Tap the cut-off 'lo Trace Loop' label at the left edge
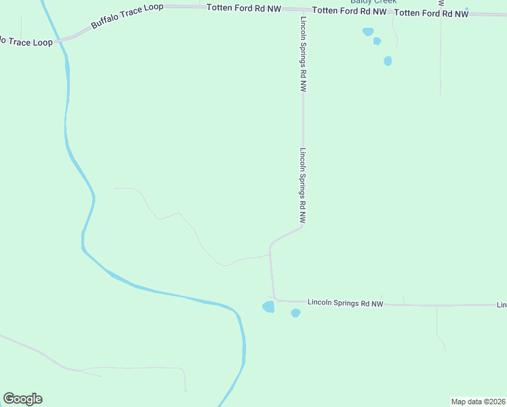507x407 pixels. [x=26, y=41]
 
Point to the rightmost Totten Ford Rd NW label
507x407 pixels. [x=431, y=14]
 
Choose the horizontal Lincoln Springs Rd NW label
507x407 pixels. [x=345, y=303]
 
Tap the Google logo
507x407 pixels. [x=22, y=399]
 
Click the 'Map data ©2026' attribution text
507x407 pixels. [x=478, y=402]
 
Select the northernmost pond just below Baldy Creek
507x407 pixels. [x=368, y=31]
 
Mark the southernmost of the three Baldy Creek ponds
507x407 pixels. [x=388, y=61]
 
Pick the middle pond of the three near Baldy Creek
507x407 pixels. [x=377, y=41]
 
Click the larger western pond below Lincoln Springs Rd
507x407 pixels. [x=268, y=307]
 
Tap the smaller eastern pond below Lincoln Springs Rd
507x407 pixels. [x=296, y=313]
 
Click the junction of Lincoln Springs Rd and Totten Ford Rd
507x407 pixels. [x=302, y=10]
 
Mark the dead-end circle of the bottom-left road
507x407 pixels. [x=185, y=390]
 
